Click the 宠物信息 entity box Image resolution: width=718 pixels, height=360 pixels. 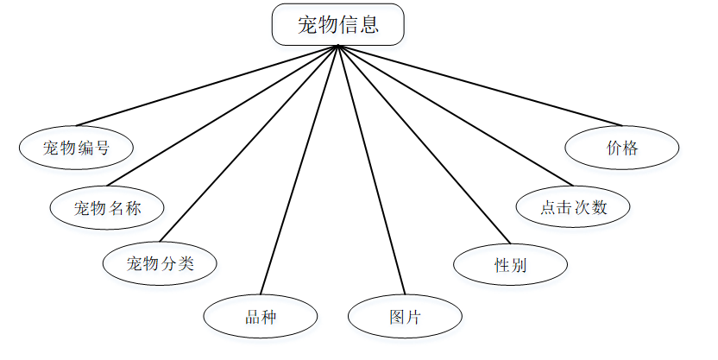[337, 24]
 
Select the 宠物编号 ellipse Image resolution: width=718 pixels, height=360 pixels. [76, 147]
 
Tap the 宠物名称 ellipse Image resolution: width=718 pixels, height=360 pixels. [107, 207]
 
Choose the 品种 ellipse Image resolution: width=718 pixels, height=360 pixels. [261, 316]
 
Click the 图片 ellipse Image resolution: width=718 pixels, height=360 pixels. [405, 316]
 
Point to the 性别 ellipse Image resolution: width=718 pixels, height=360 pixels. [510, 265]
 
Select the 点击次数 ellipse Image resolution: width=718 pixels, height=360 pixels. [573, 207]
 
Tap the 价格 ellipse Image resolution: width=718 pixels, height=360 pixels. [621, 148]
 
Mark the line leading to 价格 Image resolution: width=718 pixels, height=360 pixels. [478, 85]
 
